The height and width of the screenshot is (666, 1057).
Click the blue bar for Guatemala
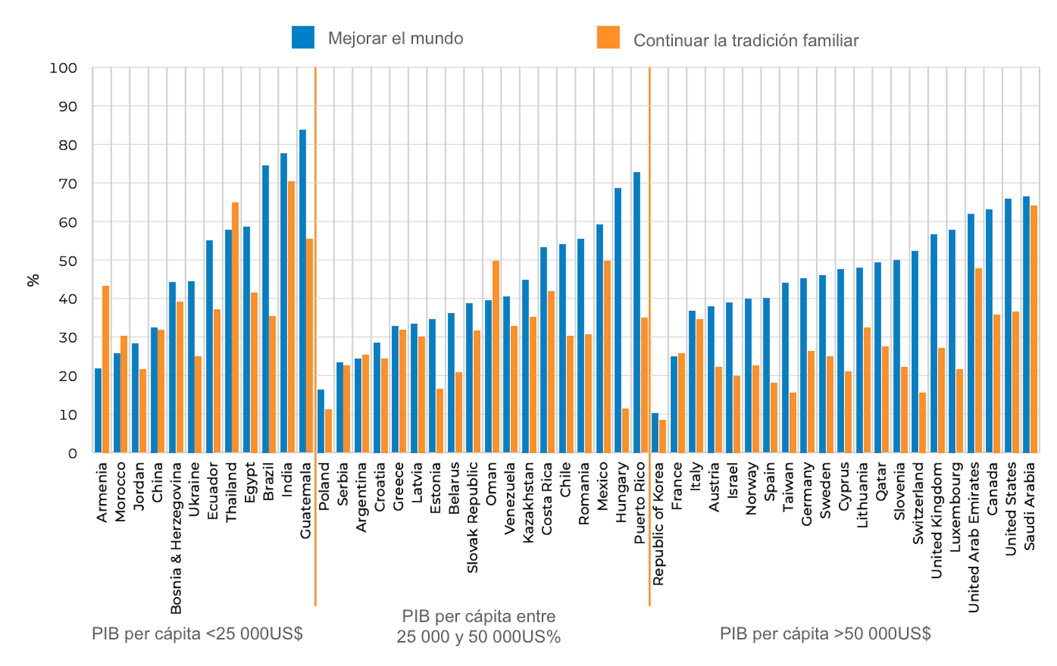point(303,292)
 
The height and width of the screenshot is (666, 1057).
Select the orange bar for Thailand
point(236,328)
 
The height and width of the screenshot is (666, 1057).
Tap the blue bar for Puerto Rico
point(637,313)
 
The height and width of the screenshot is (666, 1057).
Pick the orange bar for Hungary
point(625,430)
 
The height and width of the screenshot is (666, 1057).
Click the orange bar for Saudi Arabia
point(1034,329)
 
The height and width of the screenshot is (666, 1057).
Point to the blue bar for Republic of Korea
point(655,433)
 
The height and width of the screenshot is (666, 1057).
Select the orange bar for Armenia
point(106,369)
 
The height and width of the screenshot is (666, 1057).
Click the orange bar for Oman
point(496,357)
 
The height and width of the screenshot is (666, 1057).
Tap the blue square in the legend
point(303,37)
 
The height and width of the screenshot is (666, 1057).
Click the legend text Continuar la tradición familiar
point(746,40)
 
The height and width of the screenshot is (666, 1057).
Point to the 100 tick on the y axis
point(63,68)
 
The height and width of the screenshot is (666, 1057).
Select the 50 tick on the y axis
point(68,261)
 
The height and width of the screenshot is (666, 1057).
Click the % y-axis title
point(33,280)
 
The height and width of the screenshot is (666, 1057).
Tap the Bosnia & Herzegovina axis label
point(176,538)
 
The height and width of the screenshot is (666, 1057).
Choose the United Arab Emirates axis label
point(974,537)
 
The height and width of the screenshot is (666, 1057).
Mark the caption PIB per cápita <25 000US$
point(197,634)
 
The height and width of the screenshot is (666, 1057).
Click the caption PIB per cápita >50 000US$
point(825,634)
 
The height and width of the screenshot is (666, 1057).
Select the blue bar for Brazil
point(265,309)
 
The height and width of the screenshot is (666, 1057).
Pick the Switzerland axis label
point(918,503)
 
